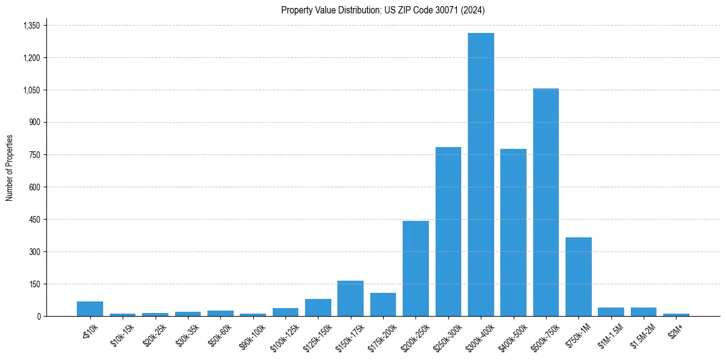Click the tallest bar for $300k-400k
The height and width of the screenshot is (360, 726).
(x=481, y=175)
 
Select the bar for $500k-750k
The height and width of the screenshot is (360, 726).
(x=545, y=203)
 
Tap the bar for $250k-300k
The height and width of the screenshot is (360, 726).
(x=448, y=232)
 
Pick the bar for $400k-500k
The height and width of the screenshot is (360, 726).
(x=513, y=232)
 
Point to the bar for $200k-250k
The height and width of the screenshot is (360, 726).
(x=415, y=268)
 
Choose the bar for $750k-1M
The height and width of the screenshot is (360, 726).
(x=578, y=276)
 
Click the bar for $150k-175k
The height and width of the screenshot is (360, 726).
(x=350, y=298)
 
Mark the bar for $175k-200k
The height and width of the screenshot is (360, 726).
(x=383, y=304)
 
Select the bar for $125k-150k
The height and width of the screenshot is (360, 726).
(x=318, y=308)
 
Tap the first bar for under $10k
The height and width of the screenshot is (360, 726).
(x=90, y=309)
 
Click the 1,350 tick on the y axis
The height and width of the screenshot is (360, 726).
(x=31, y=26)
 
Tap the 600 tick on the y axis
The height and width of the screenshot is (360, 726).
(x=34, y=187)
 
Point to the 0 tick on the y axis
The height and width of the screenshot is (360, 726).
(x=38, y=316)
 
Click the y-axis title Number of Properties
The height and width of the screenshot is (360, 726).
(x=9, y=167)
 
